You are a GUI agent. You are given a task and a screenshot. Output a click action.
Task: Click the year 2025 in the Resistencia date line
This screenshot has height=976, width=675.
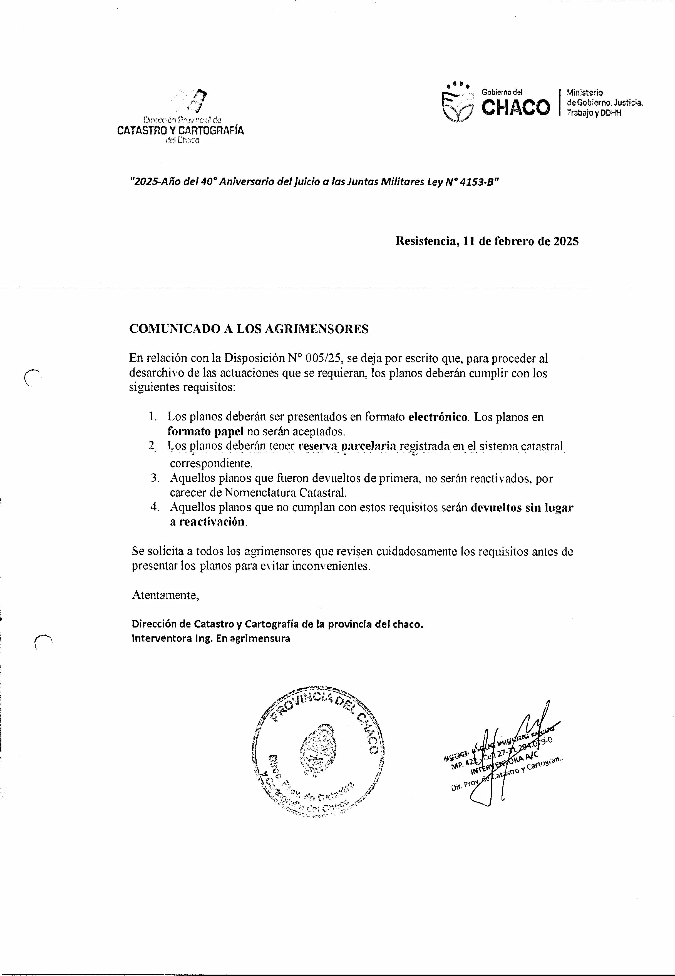tap(566, 241)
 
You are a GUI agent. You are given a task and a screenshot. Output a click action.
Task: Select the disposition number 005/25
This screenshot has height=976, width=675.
tap(325, 358)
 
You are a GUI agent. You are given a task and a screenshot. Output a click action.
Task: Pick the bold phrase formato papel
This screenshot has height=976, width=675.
tap(205, 432)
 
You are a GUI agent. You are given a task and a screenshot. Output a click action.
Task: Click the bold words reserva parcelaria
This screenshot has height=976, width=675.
tap(347, 446)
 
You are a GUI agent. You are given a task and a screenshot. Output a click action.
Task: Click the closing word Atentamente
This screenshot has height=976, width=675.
tap(165, 595)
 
